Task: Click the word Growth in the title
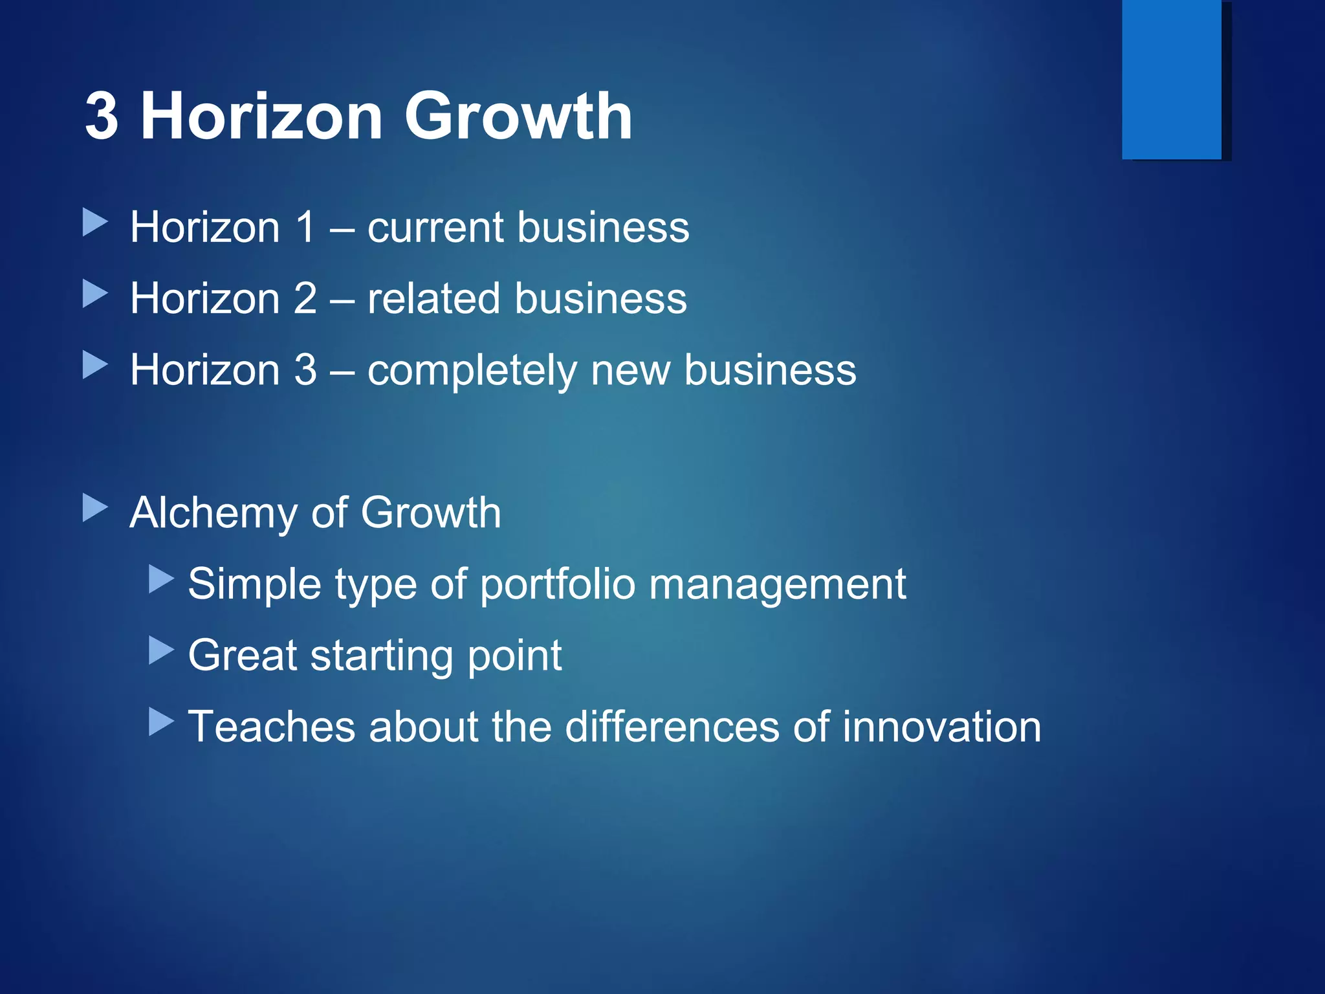pyautogui.click(x=518, y=116)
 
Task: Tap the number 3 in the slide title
pyautogui.click(x=102, y=116)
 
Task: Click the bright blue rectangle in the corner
pyautogui.click(x=1171, y=79)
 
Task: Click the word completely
pyautogui.click(x=472, y=371)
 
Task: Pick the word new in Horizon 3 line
pyautogui.click(x=630, y=371)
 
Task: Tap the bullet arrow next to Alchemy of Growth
pyautogui.click(x=95, y=508)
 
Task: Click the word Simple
pyautogui.click(x=254, y=584)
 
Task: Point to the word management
pyautogui.click(x=777, y=584)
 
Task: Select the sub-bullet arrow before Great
pyautogui.click(x=161, y=650)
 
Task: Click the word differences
pyautogui.click(x=672, y=726)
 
